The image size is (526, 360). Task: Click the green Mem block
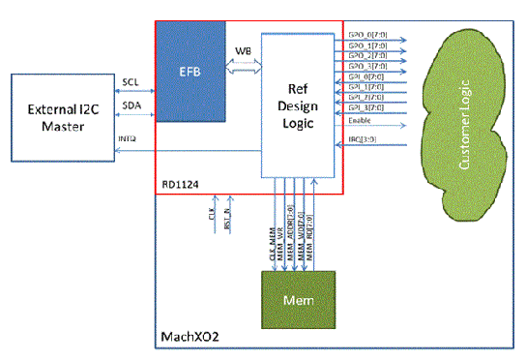[x=299, y=297]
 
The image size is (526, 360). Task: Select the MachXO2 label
[x=184, y=338]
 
